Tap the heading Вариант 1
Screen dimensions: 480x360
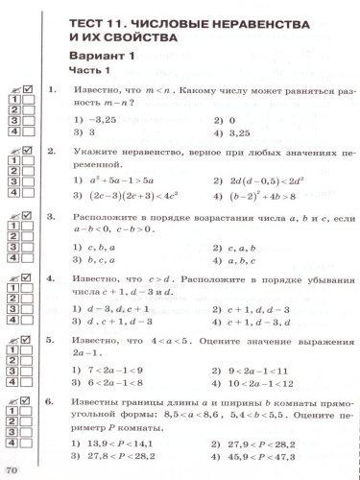[x=100, y=56]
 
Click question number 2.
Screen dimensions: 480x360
[x=51, y=153]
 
